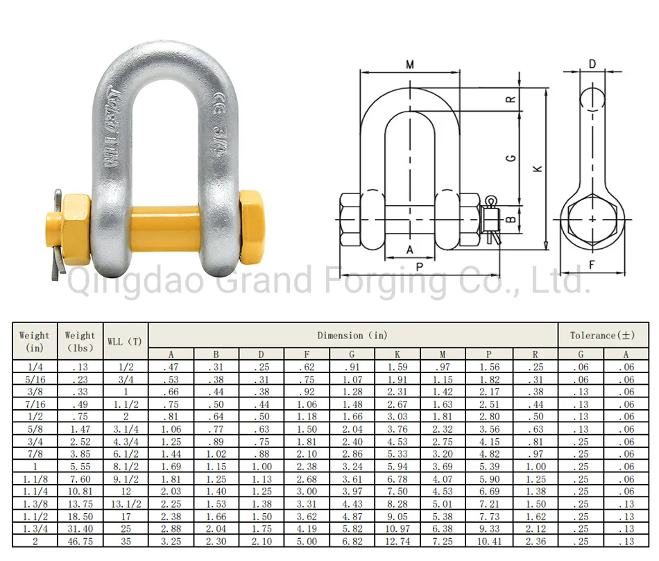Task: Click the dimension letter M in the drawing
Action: [410, 64]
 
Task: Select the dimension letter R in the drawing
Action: [510, 98]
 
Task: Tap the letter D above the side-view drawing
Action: [592, 64]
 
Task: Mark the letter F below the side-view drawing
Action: [592, 264]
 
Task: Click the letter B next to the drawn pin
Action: [510, 221]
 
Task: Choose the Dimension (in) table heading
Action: [352, 336]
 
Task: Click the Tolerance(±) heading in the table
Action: [602, 336]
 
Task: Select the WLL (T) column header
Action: [125, 341]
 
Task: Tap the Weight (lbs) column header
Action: [80, 341]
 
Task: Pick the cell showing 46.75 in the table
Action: [80, 541]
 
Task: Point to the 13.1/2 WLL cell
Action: [125, 504]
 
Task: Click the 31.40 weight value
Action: [80, 528]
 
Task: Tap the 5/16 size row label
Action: [35, 379]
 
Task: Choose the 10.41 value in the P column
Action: [488, 541]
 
